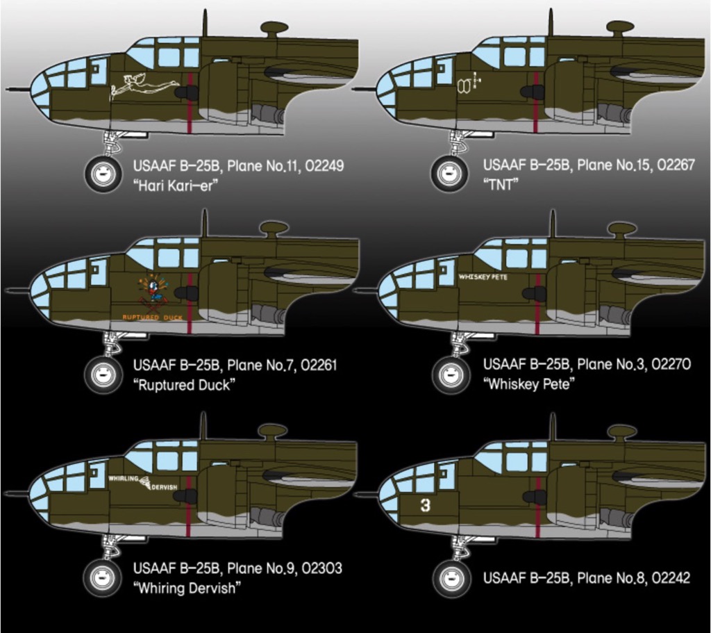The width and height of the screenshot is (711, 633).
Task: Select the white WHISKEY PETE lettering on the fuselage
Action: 483,277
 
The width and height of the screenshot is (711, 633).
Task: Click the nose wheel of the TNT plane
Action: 449,173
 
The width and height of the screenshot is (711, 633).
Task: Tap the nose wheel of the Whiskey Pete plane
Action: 451,375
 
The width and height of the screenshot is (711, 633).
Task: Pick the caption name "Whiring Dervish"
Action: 187,588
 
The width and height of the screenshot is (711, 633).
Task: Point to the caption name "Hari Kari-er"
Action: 171,186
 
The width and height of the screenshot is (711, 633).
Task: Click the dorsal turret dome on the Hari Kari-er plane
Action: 274,28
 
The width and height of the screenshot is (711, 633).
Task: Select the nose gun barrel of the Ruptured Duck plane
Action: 17,289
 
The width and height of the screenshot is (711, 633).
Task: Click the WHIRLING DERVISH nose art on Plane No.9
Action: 143,482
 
